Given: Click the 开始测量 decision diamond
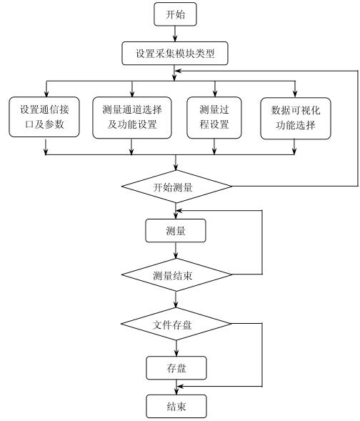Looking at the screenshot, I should (176, 188).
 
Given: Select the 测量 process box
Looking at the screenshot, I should (176, 230).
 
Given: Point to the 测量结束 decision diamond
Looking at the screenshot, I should (176, 274).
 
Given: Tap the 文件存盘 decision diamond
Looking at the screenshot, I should (176, 324).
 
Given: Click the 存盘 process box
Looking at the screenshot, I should (176, 368).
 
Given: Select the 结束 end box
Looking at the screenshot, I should (176, 407).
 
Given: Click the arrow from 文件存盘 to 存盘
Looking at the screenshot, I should (176, 347).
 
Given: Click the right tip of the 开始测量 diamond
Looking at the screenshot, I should (232, 188).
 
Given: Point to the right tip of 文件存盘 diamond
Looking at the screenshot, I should (232, 324).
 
